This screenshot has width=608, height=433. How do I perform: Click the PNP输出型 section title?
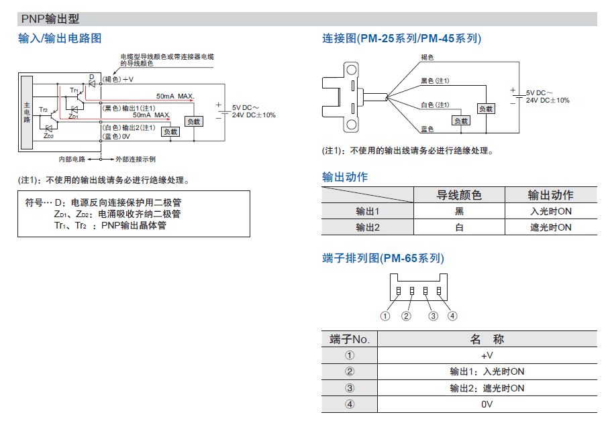pos(50,19)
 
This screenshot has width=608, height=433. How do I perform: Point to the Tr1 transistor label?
pos(74,90)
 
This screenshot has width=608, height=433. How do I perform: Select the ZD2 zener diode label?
pos(48,136)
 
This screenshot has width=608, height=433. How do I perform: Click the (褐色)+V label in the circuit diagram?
pos(118,80)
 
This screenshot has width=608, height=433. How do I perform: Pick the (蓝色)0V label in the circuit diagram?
pos(116,136)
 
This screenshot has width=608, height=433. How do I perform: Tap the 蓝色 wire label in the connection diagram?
pos(427,128)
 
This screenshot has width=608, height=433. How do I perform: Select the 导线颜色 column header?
pos(459,195)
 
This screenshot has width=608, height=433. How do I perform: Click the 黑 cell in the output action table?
pos(459,211)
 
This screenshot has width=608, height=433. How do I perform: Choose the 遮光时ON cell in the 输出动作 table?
pos(550,227)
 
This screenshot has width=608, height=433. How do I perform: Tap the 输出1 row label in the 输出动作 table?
pos(367,211)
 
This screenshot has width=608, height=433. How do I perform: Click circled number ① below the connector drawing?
pos(385,316)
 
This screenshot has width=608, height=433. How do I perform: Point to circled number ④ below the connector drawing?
pos(452,316)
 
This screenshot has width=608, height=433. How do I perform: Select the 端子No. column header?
pos(350,339)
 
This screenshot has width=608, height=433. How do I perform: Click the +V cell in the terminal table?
pos(487,355)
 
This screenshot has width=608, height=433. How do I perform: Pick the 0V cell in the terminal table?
pos(487,404)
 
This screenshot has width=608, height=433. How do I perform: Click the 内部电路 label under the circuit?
pos(72,160)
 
